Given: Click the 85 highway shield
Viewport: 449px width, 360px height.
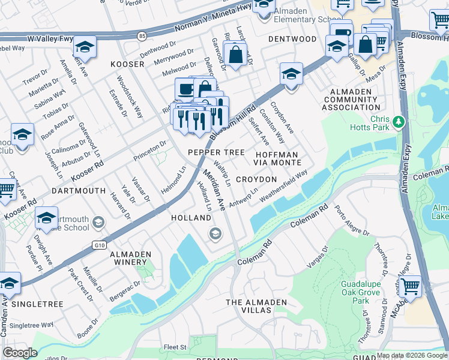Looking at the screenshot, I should click(141, 35).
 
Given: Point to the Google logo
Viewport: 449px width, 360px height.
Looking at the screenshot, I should click(20, 353).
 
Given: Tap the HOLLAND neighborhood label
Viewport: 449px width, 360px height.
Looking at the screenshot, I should click(191, 218).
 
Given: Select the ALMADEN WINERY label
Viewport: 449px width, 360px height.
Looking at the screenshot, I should click(130, 259).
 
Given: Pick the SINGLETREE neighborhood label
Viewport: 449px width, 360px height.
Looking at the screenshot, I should click(37, 304).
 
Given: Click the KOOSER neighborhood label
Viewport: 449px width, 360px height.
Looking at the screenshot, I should click(127, 64).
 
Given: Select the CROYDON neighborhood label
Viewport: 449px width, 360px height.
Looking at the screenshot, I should click(256, 179).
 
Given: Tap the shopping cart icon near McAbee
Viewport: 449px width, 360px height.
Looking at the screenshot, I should click(411, 286).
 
